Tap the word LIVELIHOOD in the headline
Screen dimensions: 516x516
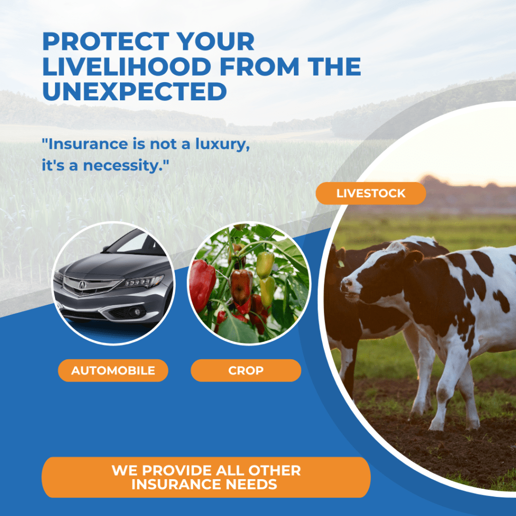(127, 67)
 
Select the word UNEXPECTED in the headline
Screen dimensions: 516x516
(135, 91)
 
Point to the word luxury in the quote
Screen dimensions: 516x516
(223, 145)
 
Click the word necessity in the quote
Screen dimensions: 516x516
(123, 165)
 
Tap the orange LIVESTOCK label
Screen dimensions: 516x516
(371, 193)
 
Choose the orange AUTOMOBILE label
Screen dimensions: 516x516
(113, 370)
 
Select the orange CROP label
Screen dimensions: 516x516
(246, 370)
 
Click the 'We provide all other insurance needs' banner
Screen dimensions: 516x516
(206, 477)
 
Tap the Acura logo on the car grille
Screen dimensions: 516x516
(82, 285)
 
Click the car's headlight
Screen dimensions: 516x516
(144, 281)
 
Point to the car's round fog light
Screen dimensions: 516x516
(136, 311)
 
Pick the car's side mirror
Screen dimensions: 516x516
(106, 248)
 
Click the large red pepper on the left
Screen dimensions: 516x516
(202, 285)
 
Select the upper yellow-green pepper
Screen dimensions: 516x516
(265, 264)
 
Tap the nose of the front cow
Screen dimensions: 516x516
(346, 285)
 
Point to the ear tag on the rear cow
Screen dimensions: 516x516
(341, 264)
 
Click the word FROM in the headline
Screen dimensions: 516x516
(260, 67)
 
